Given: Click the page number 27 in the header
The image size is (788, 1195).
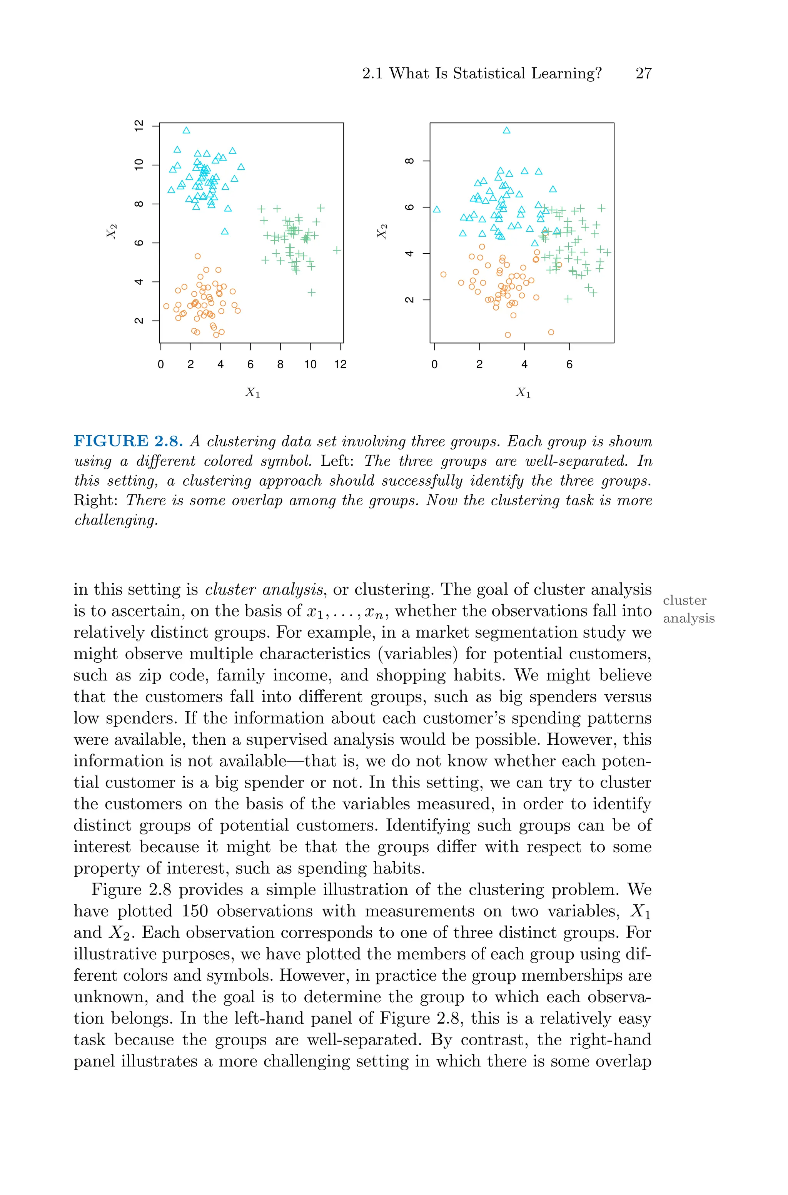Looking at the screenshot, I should pyautogui.click(x=643, y=74).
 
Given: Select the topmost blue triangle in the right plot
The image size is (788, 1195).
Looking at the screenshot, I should pyautogui.click(x=507, y=130).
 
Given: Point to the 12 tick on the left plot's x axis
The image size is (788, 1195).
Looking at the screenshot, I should pyautogui.click(x=340, y=364).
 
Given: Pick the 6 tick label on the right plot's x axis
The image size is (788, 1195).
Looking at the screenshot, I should pyautogui.click(x=569, y=364).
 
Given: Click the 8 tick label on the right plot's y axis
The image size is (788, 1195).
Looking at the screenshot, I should pyautogui.click(x=409, y=161).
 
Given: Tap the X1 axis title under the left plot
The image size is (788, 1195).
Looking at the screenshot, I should pyautogui.click(x=253, y=393).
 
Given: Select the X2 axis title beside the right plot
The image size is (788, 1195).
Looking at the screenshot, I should pyautogui.click(x=382, y=231).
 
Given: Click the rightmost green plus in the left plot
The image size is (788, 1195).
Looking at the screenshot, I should pyautogui.click(x=337, y=250).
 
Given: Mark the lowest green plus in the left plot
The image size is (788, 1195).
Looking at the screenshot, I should pyautogui.click(x=312, y=292).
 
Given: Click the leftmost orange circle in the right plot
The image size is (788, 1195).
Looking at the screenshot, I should pyautogui.click(x=443, y=274).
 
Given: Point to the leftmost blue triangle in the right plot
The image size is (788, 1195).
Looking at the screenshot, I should pyautogui.click(x=437, y=209).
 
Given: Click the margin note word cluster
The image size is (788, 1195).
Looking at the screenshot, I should pyautogui.click(x=684, y=600).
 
